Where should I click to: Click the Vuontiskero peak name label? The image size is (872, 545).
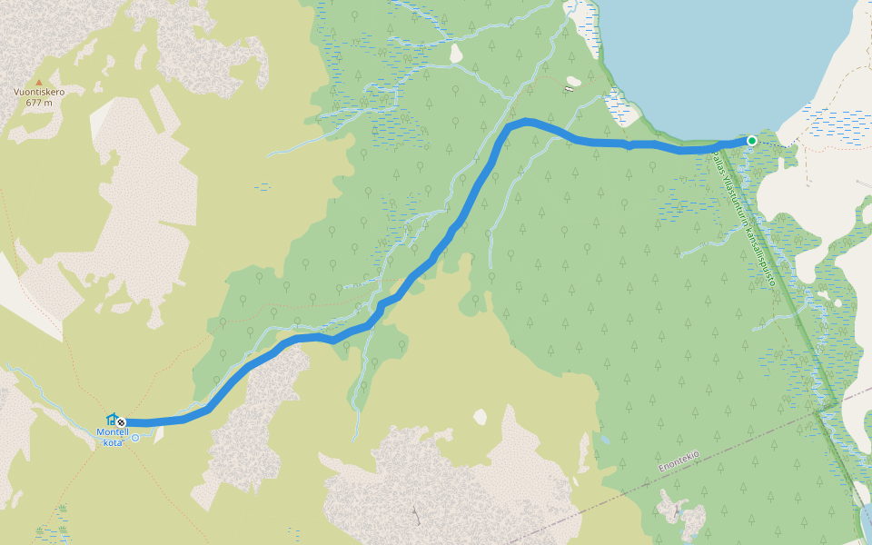pyautogui.click(x=39, y=92)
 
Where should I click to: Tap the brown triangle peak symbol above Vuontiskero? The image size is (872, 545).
pyautogui.click(x=39, y=82)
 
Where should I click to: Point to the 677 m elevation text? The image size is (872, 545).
pyautogui.click(x=39, y=103)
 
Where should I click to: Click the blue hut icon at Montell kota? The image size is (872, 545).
pyautogui.click(x=111, y=421)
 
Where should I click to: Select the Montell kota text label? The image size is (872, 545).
pyautogui.click(x=112, y=437)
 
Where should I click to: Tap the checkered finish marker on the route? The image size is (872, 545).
pyautogui.click(x=121, y=421)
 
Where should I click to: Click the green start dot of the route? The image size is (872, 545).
pyautogui.click(x=752, y=140)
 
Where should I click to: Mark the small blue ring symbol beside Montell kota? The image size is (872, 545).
pyautogui.click(x=135, y=438)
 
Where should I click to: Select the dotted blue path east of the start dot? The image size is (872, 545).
pyautogui.click(x=777, y=144)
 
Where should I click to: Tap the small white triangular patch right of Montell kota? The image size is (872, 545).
pyautogui.click(x=159, y=435)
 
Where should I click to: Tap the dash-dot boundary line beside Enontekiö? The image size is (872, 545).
pyautogui.click(x=636, y=481)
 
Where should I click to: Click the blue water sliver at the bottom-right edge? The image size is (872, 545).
pyautogui.click(x=866, y=522)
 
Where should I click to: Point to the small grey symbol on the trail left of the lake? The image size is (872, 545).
pyautogui.click(x=570, y=89)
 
